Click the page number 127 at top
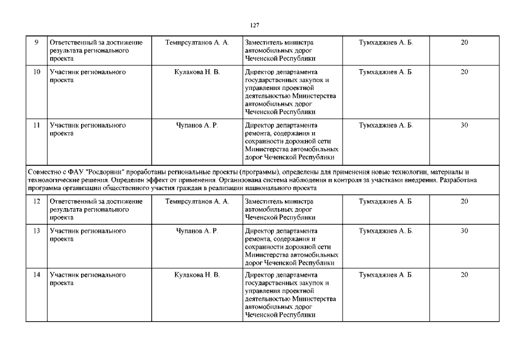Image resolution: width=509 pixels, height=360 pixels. point(254,25)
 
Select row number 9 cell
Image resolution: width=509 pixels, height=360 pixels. point(36,43)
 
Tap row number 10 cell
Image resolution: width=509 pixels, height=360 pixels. point(36,73)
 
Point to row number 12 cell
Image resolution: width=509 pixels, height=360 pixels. point(36,201)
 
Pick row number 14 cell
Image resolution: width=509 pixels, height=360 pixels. point(36,275)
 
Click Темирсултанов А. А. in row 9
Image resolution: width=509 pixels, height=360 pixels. point(197,43)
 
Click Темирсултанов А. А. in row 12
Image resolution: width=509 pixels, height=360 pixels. point(197,201)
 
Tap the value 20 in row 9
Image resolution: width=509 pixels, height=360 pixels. point(465,43)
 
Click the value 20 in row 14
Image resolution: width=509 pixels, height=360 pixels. point(465,275)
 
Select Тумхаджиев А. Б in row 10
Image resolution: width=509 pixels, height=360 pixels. point(385,73)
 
